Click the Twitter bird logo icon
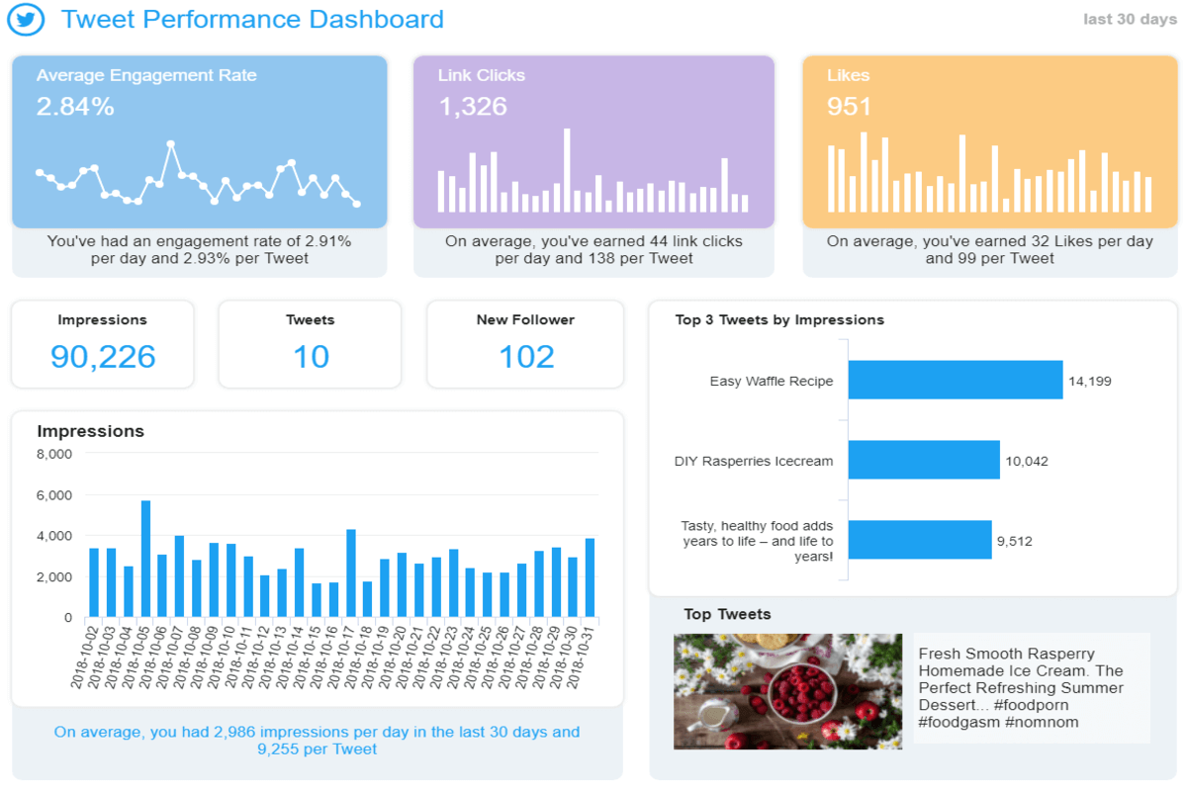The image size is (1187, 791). pos(27,20)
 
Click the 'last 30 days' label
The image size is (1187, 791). pos(1130,20)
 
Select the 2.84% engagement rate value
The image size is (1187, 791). pos(75,107)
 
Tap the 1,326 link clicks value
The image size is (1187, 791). pos(473,107)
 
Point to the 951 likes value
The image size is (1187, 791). pos(850,107)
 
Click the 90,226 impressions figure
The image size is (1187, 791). pos(103,357)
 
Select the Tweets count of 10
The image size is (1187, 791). pos(311,357)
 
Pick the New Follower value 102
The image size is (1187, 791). pos(526,357)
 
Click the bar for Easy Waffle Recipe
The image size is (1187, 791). pos(955,380)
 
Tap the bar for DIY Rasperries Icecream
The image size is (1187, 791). pos(924,460)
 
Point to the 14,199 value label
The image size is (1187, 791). pos(1090,381)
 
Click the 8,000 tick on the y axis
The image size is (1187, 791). pos(54,454)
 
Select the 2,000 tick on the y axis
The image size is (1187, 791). pos(54,576)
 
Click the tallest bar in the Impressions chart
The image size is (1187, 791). pos(145,559)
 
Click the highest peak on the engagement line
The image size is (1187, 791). pos(171,144)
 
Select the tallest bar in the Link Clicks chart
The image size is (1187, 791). pos(567,170)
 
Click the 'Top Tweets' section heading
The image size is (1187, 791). pos(727,614)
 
